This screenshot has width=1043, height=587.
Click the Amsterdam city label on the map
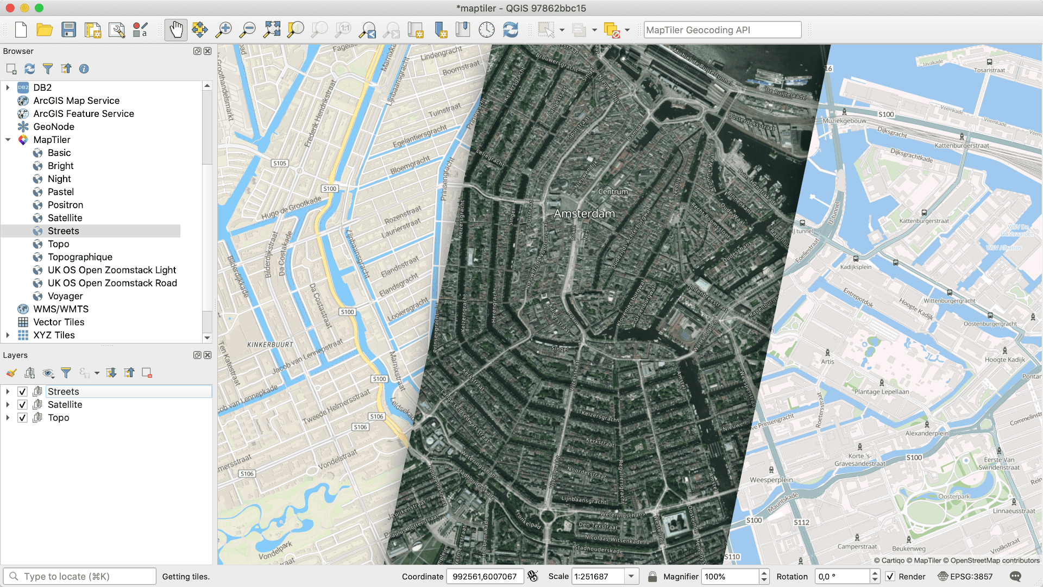pos(584,214)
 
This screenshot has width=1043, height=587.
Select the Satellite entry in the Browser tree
pos(65,218)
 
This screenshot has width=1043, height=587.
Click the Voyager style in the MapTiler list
pos(65,296)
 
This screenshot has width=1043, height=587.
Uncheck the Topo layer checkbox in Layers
pos(22,418)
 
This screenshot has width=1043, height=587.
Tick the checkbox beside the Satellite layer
pos(22,405)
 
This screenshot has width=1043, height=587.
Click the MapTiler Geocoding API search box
pos(722,30)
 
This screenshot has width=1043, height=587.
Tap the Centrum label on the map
pos(613,192)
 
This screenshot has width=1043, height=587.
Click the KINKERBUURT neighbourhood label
pos(270,345)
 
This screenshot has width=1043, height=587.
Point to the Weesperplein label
pos(771,480)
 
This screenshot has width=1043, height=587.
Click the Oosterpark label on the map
pos(954,496)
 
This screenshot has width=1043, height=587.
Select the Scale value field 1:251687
pos(598,577)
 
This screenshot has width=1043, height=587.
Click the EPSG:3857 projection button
pos(965,577)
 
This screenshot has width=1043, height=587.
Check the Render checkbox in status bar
pos(890,577)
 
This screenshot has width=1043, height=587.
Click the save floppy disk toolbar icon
pos(68,30)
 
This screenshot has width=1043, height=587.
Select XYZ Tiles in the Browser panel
pos(54,335)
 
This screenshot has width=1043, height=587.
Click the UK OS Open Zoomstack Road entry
pos(112,283)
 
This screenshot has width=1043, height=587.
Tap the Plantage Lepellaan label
pos(881,391)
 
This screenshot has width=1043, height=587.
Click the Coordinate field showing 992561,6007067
pos(484,577)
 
